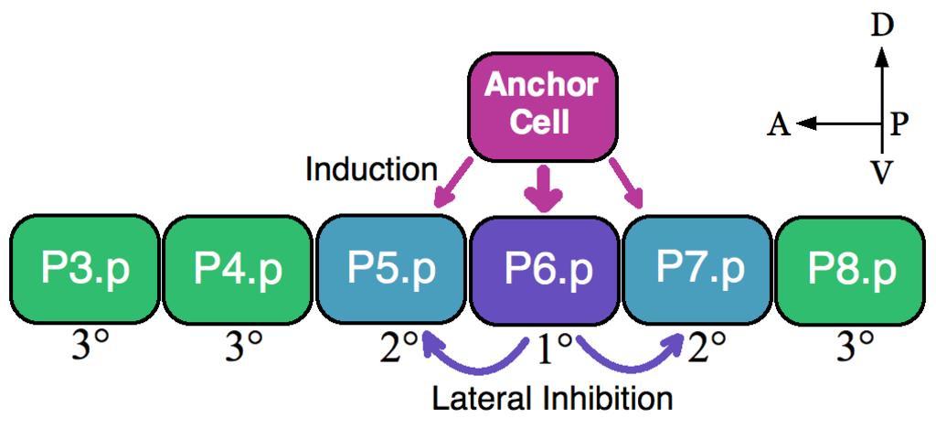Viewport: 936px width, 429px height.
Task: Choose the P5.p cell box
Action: [391, 270]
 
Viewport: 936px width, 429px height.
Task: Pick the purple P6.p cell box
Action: [546, 270]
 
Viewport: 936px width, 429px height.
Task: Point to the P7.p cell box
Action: [699, 270]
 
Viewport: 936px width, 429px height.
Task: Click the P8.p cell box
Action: [852, 270]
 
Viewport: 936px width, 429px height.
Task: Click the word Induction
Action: [372, 169]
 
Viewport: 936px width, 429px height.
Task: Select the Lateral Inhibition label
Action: [552, 399]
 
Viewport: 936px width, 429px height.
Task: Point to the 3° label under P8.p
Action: [856, 348]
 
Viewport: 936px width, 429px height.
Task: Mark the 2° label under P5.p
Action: [399, 348]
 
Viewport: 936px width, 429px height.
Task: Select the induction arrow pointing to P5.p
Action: [452, 183]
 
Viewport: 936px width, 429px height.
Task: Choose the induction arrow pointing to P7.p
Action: [628, 183]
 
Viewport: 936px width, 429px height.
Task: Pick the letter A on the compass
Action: [779, 124]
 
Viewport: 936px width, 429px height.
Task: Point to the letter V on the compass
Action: [881, 172]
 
